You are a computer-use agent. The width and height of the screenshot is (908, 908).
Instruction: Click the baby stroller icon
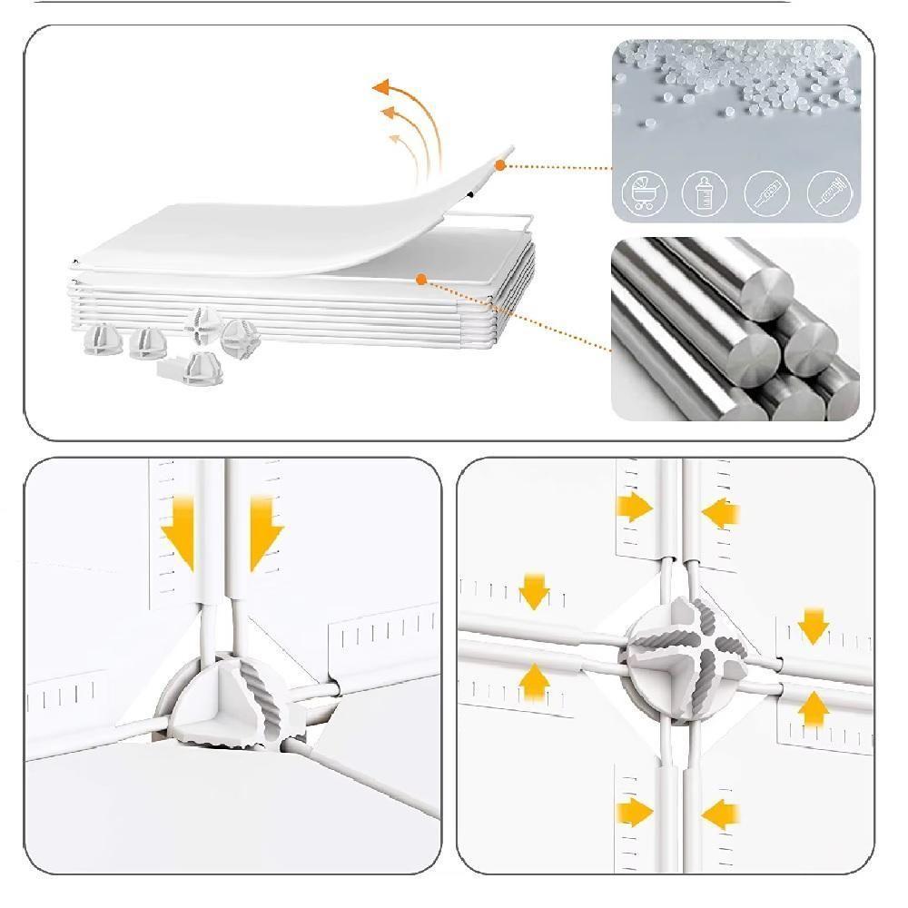coord(645,192)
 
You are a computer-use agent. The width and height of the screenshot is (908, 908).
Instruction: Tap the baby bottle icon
coord(705,192)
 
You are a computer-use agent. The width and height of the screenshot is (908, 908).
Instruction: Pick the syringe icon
coord(830,192)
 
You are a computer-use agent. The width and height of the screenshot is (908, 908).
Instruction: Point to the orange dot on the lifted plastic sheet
coord(500,164)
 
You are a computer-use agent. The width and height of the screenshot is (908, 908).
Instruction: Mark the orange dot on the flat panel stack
coord(421,279)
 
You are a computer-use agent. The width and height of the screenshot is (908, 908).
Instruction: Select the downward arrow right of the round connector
coord(814,625)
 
